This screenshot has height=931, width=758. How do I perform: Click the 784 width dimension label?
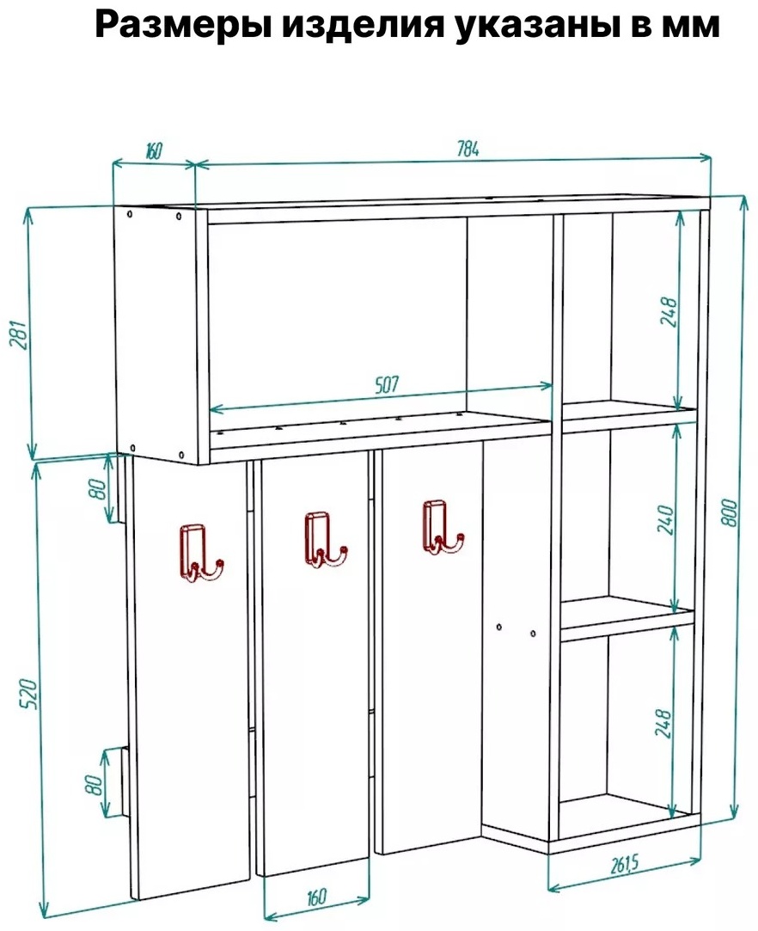click(468, 150)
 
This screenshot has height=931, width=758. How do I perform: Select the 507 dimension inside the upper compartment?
click(387, 384)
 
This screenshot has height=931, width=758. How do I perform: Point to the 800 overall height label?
click(730, 512)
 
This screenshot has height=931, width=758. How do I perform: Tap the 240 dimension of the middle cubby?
click(667, 519)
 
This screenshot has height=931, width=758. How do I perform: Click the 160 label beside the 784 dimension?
click(153, 151)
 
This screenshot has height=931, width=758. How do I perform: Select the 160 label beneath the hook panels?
click(315, 897)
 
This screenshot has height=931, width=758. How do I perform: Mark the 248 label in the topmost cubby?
click(669, 311)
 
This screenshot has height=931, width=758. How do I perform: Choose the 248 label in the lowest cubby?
click(663, 722)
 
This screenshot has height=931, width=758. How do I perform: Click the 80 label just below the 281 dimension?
click(99, 488)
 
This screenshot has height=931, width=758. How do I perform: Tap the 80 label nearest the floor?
click(95, 784)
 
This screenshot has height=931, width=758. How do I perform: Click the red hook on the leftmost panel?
click(201, 554)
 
